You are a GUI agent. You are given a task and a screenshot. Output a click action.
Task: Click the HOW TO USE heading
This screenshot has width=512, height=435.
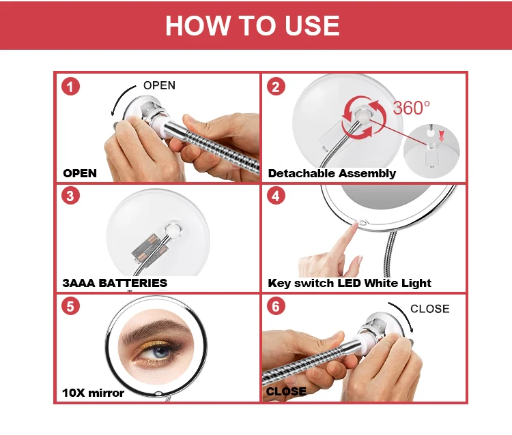[x=253, y=25]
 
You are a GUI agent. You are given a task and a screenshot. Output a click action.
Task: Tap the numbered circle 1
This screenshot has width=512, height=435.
[x=70, y=87]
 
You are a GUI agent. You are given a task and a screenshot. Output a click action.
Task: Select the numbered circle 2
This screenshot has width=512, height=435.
[x=276, y=87]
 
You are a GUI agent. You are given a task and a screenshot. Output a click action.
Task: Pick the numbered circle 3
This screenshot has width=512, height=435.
[x=70, y=196]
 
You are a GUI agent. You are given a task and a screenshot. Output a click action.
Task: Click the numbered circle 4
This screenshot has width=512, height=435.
[x=276, y=196]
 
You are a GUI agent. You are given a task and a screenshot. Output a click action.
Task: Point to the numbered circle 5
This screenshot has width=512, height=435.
[x=70, y=306]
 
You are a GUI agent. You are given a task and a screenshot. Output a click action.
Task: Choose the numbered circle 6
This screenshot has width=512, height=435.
[x=276, y=306]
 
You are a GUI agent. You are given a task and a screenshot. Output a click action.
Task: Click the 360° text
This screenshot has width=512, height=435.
[x=411, y=108]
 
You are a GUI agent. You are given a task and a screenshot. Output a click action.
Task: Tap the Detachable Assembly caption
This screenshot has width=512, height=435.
[x=332, y=173]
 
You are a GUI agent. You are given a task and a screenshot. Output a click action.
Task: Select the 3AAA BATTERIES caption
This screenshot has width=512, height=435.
[x=115, y=283]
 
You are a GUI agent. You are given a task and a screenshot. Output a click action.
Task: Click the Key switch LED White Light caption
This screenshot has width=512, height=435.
[x=350, y=283]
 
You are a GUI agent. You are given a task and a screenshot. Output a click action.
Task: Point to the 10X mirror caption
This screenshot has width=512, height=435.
[x=93, y=393]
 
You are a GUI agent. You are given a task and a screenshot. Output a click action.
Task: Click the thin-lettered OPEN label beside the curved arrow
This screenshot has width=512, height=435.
[x=159, y=85]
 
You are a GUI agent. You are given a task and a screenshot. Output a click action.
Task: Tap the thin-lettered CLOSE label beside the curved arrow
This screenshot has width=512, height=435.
[x=429, y=308]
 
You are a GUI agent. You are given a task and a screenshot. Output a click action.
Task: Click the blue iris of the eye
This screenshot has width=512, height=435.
[x=160, y=352]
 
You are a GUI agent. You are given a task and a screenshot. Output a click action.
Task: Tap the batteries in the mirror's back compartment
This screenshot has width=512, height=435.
[x=150, y=250]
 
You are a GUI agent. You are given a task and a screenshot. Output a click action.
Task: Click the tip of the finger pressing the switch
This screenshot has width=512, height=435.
[x=354, y=225]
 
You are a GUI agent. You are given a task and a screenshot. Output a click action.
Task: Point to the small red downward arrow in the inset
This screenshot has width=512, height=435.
[x=442, y=136]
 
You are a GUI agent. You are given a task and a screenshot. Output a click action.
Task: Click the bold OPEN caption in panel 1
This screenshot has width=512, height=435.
[x=80, y=173]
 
